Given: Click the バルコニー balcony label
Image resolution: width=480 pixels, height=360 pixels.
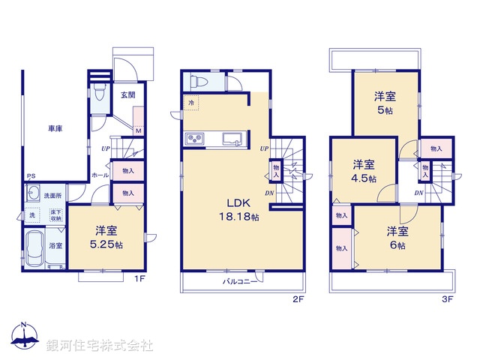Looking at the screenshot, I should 240,282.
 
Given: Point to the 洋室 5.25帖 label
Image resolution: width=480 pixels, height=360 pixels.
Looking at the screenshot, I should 105,238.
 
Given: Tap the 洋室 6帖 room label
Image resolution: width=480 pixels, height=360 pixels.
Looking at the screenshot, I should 397,238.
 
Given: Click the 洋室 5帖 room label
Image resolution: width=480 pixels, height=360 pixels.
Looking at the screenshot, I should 385,102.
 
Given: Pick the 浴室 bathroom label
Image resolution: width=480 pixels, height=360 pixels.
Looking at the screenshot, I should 55,245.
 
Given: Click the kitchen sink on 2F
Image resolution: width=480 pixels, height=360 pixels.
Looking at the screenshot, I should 231,138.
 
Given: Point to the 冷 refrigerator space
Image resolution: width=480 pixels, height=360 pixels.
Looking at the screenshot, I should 191,102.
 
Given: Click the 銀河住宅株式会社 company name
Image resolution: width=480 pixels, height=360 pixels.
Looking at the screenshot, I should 100,346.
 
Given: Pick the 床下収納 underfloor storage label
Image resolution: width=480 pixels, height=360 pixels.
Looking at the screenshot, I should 56,214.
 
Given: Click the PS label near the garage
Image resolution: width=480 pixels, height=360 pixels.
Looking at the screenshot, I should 31,177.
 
